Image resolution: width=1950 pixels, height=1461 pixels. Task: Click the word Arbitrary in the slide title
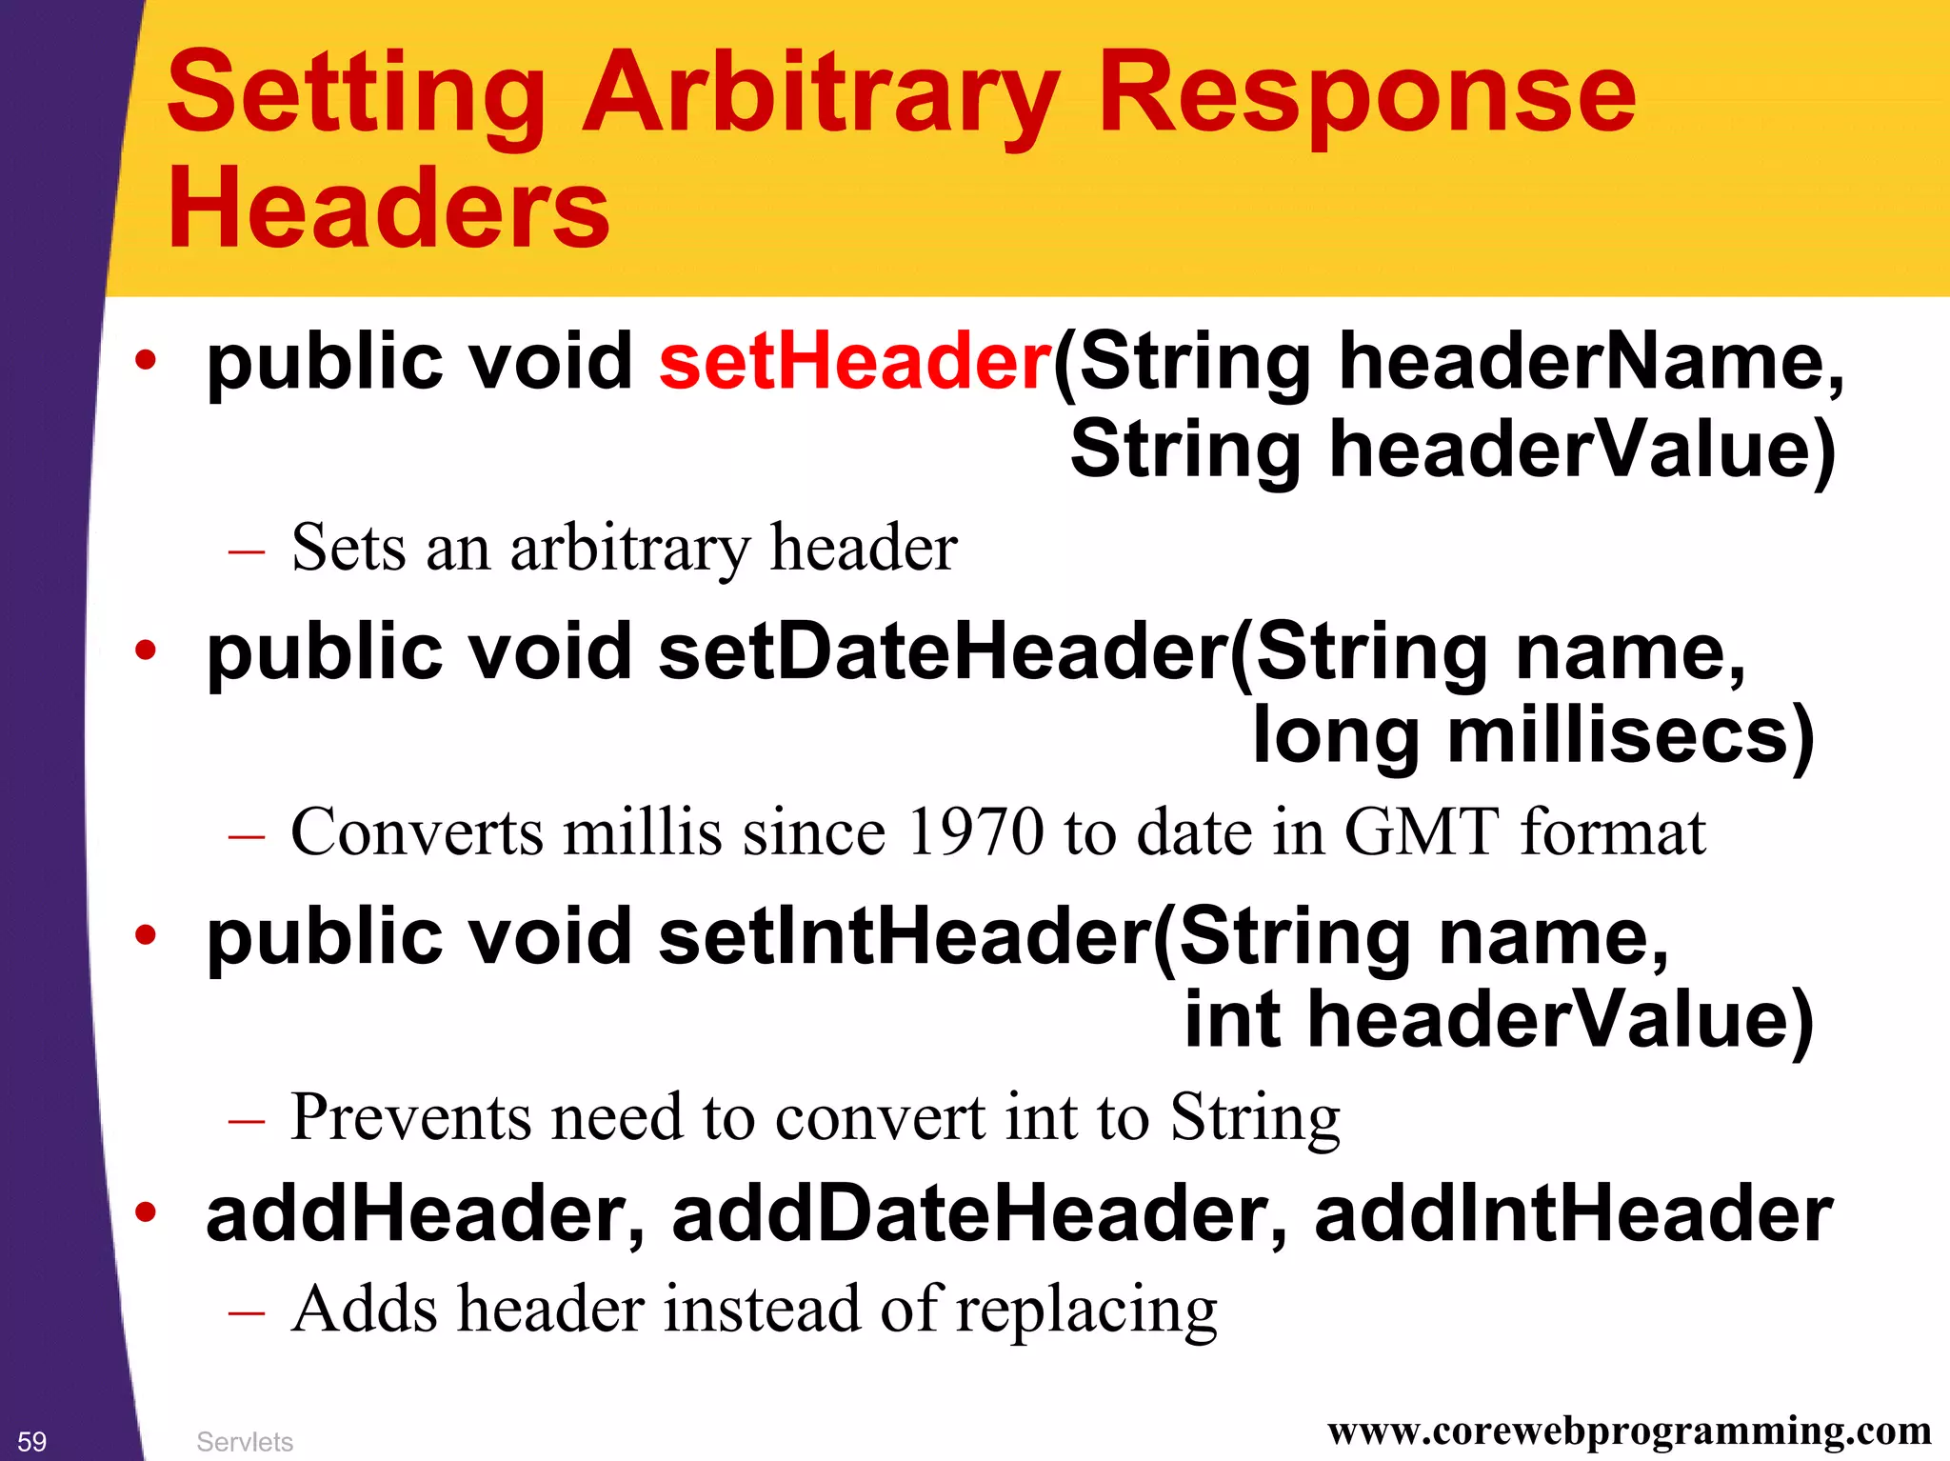(821, 95)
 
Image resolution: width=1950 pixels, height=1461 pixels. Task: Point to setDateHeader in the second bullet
(943, 652)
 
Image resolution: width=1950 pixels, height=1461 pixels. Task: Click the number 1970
(975, 831)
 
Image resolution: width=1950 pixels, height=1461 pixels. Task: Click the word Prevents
(410, 1116)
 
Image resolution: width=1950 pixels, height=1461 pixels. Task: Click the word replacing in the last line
(1086, 1311)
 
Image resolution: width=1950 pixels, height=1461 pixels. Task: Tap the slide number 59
(31, 1441)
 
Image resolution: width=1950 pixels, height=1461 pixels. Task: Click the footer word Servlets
(245, 1442)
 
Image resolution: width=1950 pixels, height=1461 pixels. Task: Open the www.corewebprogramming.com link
(1629, 1431)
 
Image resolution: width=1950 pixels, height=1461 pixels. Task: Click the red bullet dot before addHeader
(145, 1212)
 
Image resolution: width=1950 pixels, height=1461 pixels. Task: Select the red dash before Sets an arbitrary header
(247, 551)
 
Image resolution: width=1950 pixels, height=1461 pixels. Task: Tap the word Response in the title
(1366, 95)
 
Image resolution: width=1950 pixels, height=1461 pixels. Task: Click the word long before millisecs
(1336, 736)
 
